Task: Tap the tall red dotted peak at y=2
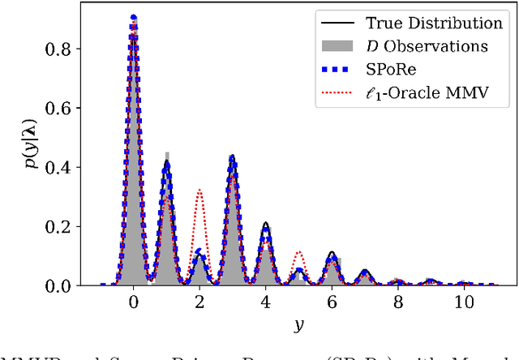click(199, 191)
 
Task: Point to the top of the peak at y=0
click(133, 17)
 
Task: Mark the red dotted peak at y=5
click(298, 252)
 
